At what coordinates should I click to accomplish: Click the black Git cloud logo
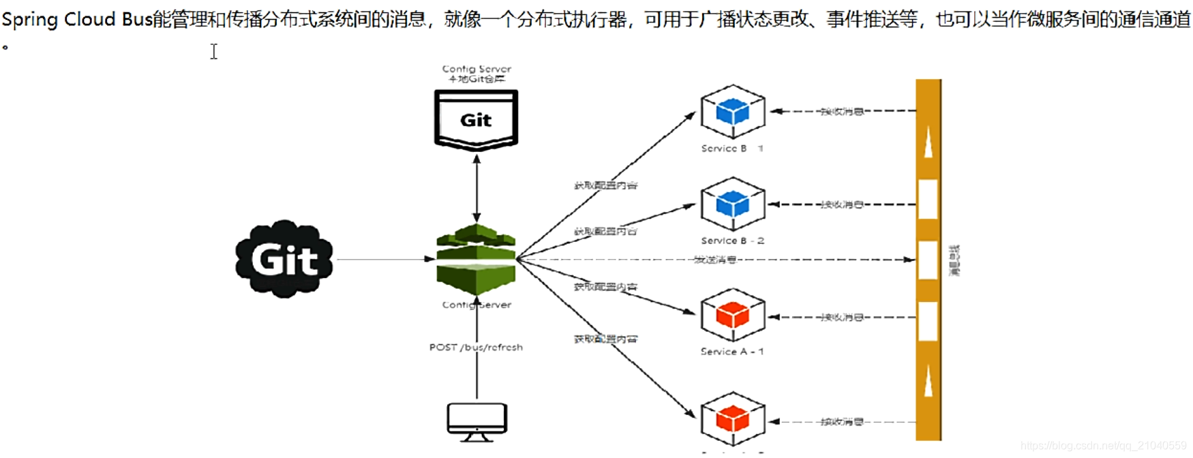click(x=284, y=259)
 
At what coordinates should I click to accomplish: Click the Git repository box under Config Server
click(x=476, y=120)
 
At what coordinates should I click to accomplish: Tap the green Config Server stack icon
click(x=476, y=259)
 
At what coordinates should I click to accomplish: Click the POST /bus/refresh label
click(x=476, y=347)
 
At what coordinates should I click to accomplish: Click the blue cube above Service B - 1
click(x=733, y=111)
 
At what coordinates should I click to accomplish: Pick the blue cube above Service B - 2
click(x=733, y=204)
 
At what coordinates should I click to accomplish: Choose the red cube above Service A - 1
click(x=733, y=315)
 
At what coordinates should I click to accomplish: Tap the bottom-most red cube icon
click(x=733, y=418)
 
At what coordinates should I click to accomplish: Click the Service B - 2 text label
click(x=732, y=241)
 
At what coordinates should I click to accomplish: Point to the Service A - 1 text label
click(x=732, y=352)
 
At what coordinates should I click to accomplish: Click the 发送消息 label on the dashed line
click(x=714, y=260)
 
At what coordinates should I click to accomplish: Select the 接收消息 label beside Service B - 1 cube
click(x=842, y=111)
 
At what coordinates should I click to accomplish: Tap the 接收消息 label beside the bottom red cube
click(x=842, y=422)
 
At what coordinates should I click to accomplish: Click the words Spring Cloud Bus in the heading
click(x=76, y=19)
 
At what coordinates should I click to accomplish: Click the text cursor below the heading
click(x=214, y=51)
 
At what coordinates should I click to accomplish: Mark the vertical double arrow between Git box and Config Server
click(x=477, y=187)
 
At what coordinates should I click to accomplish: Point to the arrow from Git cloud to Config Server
click(x=385, y=259)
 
